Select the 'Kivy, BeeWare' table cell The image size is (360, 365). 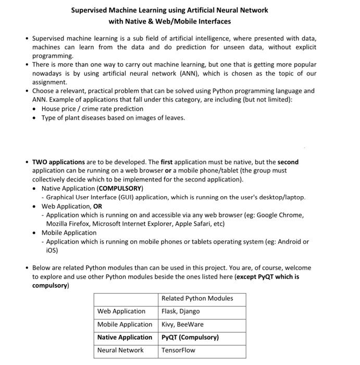[182, 324]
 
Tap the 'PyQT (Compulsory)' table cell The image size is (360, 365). [190, 337]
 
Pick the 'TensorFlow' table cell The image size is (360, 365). [178, 350]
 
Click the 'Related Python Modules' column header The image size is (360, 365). [197, 298]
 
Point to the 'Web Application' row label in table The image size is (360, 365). [121, 311]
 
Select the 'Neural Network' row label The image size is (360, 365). [120, 350]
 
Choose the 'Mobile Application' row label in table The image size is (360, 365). [125, 324]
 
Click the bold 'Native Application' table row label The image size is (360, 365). [125, 337]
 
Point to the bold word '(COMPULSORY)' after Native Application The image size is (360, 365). [120, 188]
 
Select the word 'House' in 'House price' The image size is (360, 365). [51, 108]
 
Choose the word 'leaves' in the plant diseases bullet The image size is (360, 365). [173, 118]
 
